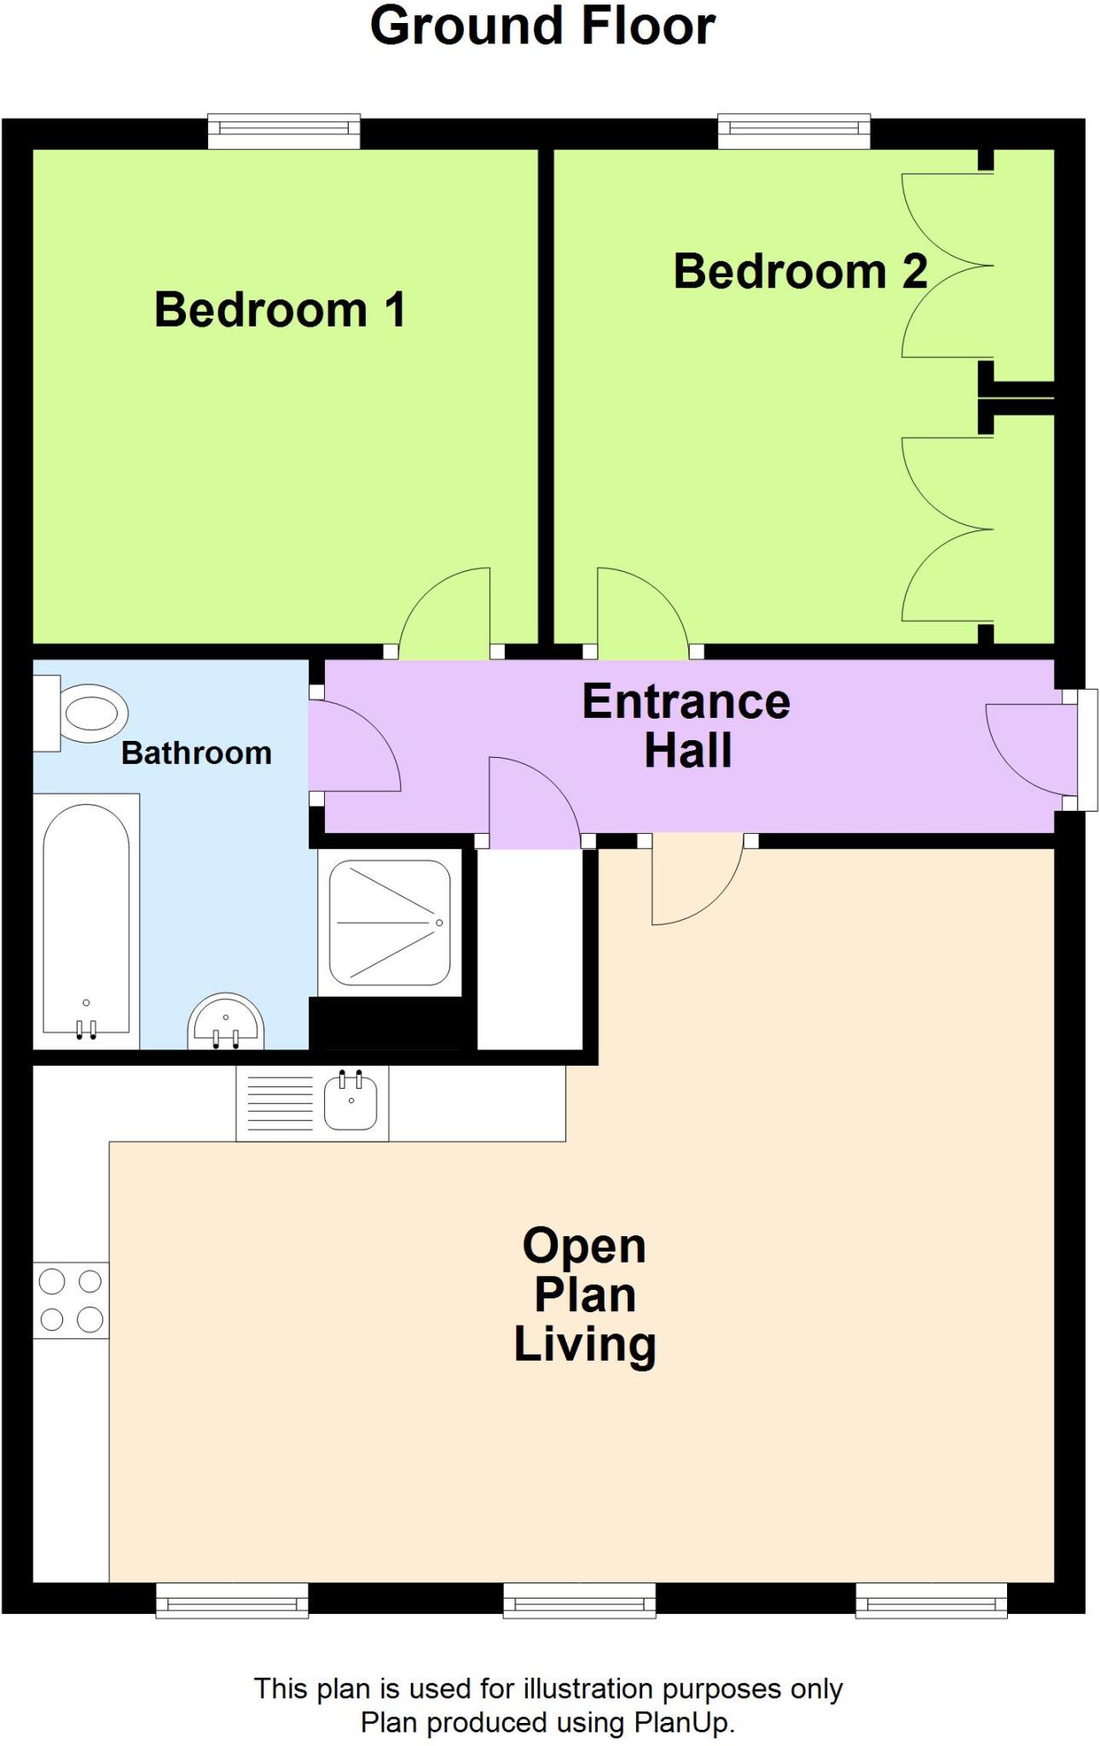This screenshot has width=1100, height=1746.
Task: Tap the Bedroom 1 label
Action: [x=280, y=309]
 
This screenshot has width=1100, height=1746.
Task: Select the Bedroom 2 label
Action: [x=799, y=272]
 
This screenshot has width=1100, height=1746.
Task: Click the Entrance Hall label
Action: [x=686, y=726]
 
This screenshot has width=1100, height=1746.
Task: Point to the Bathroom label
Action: [x=196, y=754]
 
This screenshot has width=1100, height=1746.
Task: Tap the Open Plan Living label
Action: [x=585, y=1295]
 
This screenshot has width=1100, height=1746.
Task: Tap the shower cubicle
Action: [x=390, y=923]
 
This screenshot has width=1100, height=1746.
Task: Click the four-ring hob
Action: [x=71, y=1300]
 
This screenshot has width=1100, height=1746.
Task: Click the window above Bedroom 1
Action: [x=284, y=130]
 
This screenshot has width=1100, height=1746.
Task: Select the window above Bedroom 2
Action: [x=794, y=130]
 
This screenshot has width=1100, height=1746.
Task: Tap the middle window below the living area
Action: [x=579, y=1601]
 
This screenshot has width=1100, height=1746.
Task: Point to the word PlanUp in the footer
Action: [x=684, y=1722]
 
